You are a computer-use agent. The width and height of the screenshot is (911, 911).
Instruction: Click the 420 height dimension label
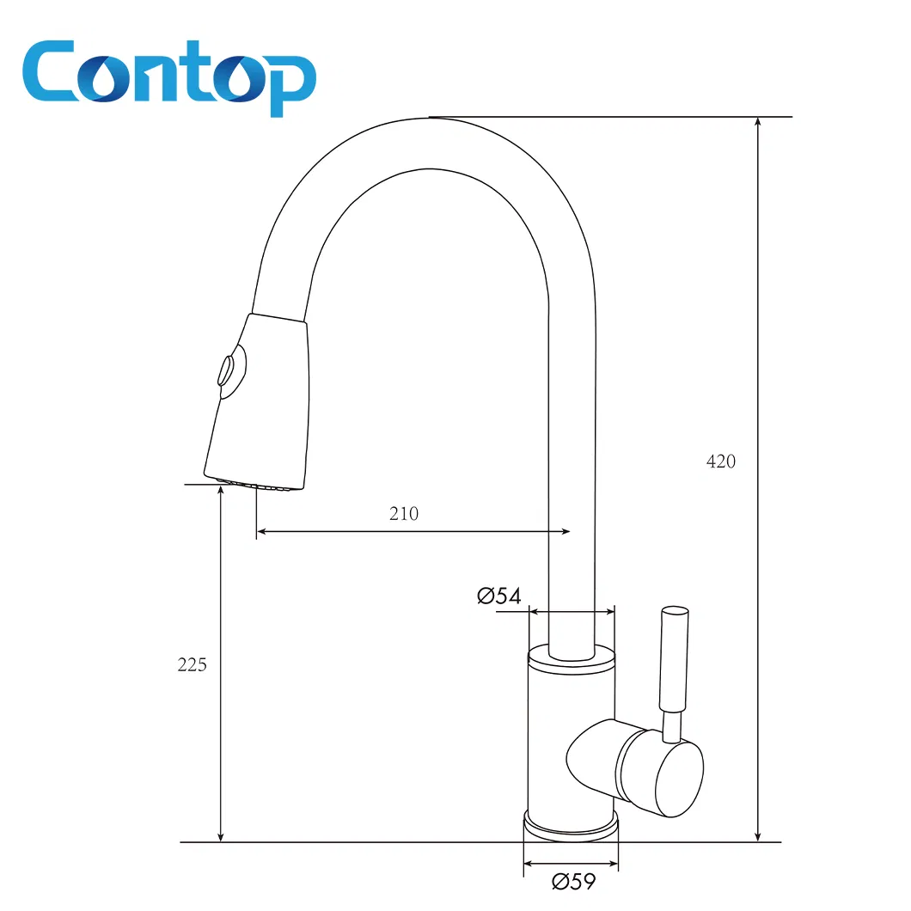coord(721,462)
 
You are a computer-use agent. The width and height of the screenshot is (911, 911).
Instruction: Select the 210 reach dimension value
coord(404,514)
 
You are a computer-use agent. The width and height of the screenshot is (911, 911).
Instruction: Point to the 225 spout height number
coord(192,664)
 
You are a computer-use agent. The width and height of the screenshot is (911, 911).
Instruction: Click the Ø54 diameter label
coord(499,596)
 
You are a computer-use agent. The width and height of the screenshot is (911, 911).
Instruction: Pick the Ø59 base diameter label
coord(573,881)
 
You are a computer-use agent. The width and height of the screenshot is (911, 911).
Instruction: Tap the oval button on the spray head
coord(227,371)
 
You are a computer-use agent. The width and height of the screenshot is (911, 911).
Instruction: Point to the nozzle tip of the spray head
coord(254,485)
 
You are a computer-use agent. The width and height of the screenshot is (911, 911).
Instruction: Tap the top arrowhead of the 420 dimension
coord(757,123)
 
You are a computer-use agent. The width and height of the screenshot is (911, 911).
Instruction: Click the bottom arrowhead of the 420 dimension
coord(757,835)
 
